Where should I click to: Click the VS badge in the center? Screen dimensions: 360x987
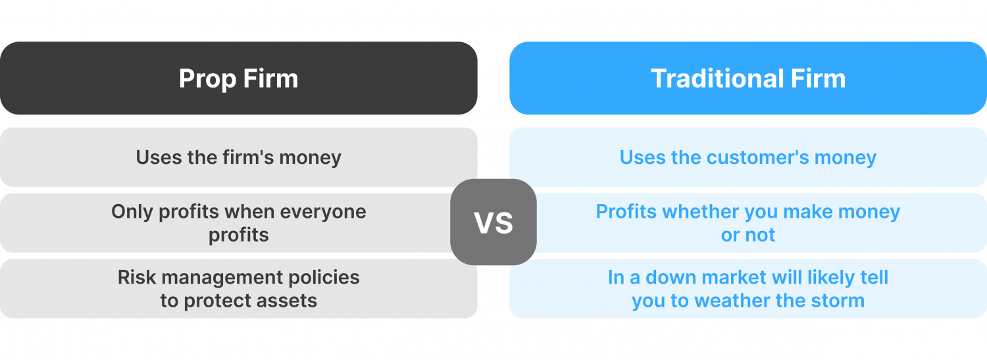coord(493,222)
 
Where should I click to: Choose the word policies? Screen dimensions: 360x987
coord(326,277)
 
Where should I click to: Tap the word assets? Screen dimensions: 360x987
coord(288,301)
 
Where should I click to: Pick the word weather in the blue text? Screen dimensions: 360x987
coord(737,301)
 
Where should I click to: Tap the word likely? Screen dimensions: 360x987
coord(829,277)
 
